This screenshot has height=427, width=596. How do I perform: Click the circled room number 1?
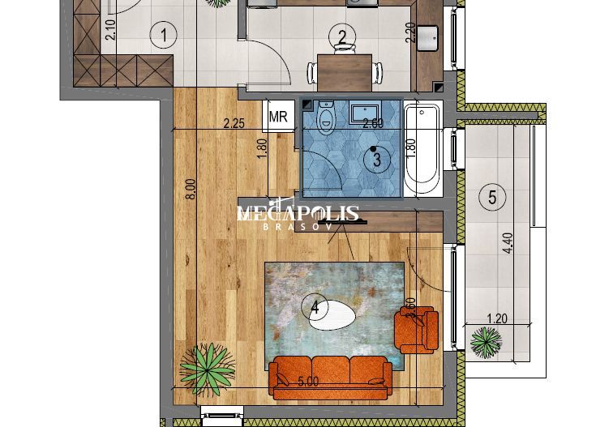point(164,35)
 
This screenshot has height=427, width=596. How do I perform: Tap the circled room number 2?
point(342,36)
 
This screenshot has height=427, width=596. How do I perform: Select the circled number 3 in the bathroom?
point(376,160)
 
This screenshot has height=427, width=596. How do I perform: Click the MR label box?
point(278,117)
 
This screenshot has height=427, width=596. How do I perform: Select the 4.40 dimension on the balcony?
point(508,244)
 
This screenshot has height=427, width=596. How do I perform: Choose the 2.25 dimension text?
point(234,124)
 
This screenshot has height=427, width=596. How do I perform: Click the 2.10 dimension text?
point(111,29)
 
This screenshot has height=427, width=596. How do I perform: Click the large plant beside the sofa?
point(208,366)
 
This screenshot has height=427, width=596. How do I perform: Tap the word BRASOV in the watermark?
point(297,227)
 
